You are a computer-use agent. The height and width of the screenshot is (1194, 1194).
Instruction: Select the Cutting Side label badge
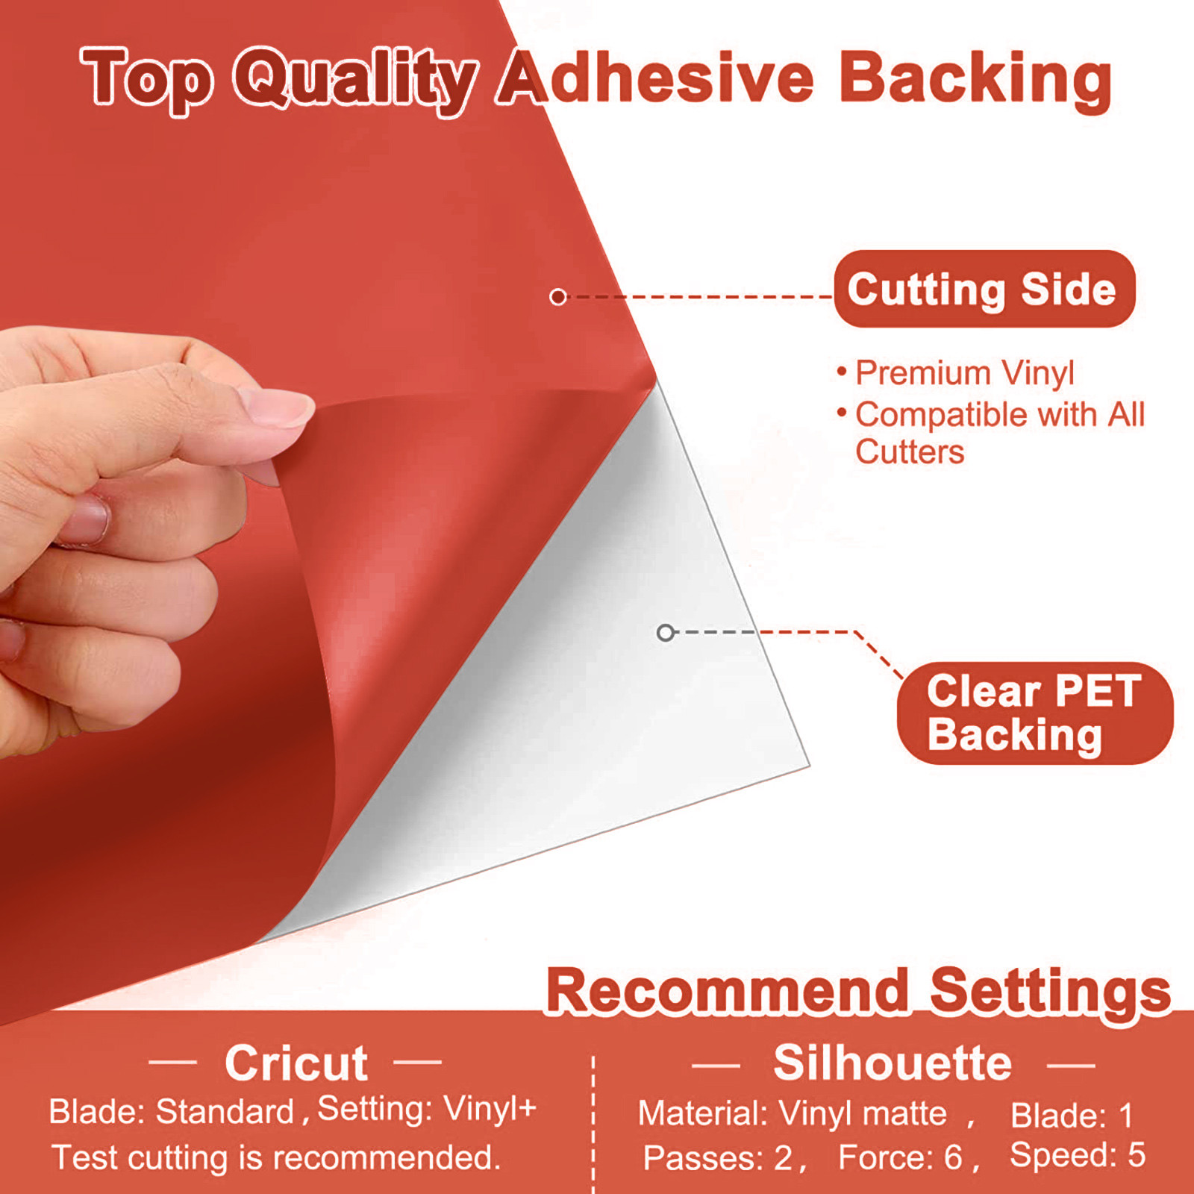coord(984,289)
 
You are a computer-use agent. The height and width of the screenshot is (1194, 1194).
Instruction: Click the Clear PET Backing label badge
coord(1035,713)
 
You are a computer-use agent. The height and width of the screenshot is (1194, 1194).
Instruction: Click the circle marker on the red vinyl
coord(557,297)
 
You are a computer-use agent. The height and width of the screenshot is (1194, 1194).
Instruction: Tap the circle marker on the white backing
coord(666,633)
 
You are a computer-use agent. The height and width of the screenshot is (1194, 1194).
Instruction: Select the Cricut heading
coord(296,1063)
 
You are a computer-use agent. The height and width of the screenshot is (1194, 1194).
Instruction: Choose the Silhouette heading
coord(893,1063)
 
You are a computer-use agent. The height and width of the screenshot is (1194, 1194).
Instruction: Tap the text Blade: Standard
coord(172,1112)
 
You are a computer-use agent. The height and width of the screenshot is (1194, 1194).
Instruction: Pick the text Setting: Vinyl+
coord(427,1109)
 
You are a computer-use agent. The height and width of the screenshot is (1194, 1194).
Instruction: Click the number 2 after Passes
coord(783,1158)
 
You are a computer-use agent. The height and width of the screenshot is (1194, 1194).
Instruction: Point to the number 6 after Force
coord(953,1158)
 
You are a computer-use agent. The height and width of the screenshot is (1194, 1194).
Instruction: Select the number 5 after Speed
coord(1137,1155)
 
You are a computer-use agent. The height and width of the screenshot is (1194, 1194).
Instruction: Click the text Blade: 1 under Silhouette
coord(1072,1116)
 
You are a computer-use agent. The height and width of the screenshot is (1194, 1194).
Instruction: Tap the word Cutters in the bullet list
coord(910,452)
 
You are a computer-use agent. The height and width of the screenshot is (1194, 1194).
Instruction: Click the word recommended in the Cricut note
coord(387,1158)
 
